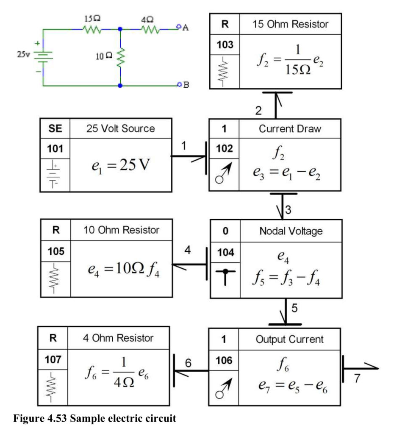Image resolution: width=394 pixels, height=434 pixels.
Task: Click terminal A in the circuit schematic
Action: [x=179, y=27]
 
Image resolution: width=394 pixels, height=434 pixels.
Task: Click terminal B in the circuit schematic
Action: [x=180, y=84]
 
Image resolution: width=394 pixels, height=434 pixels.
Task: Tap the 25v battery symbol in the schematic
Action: [x=43, y=57]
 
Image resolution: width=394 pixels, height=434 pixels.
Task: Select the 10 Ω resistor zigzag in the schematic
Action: [x=120, y=58]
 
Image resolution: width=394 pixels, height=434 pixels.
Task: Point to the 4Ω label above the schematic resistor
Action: [x=147, y=20]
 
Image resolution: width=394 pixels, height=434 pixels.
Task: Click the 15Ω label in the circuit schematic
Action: [x=92, y=19]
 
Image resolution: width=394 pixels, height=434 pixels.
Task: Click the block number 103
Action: [x=225, y=45]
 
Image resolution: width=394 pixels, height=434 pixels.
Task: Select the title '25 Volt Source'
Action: [x=121, y=128]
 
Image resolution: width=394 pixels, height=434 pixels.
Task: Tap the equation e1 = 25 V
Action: [x=121, y=166]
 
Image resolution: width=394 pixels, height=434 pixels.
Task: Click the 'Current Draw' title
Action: [x=290, y=129]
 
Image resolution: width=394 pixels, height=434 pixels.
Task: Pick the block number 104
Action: [x=225, y=253]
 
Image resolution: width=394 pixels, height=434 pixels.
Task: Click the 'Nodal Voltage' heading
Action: [x=291, y=231]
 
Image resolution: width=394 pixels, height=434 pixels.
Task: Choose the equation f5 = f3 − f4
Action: [x=286, y=278]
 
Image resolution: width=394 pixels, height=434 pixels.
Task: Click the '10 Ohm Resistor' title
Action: [x=122, y=230]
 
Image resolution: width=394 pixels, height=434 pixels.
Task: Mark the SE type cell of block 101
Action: [x=55, y=128]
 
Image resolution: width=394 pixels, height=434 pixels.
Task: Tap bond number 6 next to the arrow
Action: [x=188, y=363]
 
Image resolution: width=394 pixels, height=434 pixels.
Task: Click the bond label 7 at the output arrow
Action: [x=357, y=378]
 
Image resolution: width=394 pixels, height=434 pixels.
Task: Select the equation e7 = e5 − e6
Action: [x=293, y=386]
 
